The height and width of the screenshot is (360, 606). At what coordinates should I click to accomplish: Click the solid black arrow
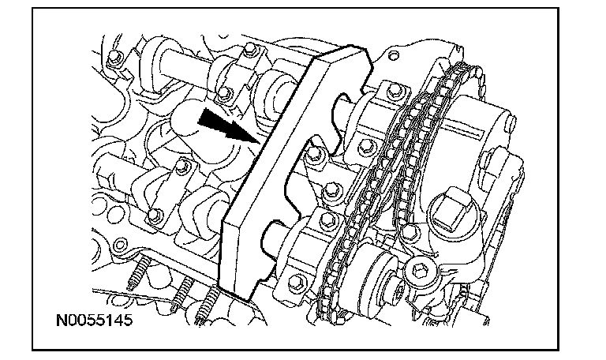point(229,126)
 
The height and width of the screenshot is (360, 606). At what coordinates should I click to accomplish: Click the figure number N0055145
point(95,321)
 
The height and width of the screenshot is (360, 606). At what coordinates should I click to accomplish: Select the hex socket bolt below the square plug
point(419,268)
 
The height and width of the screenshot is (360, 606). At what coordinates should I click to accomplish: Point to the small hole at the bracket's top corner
point(393,56)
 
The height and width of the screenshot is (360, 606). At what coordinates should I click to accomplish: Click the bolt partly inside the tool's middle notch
point(312,154)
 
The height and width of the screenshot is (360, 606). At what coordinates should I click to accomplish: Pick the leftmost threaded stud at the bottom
point(138,273)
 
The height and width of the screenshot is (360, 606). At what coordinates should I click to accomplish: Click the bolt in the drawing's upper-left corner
point(113,58)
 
